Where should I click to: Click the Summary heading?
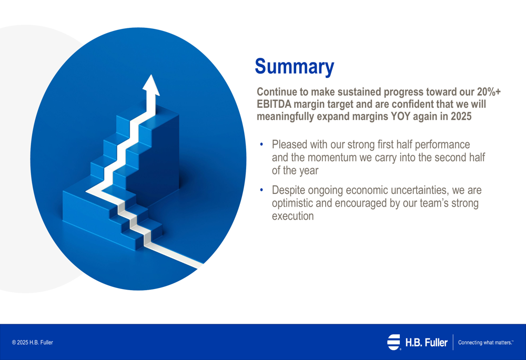[294, 67]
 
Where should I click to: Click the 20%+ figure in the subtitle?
[489, 91]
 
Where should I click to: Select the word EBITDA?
[274, 104]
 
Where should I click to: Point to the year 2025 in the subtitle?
[461, 116]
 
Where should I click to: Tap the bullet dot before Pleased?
[261, 144]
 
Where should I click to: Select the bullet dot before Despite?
[261, 190]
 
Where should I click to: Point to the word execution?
[293, 216]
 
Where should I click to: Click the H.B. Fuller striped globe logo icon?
[394, 342]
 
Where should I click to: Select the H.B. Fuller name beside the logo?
[427, 343]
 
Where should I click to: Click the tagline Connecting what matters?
[485, 343]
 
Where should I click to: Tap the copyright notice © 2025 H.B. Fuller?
[33, 343]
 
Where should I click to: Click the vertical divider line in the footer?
[453, 342]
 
